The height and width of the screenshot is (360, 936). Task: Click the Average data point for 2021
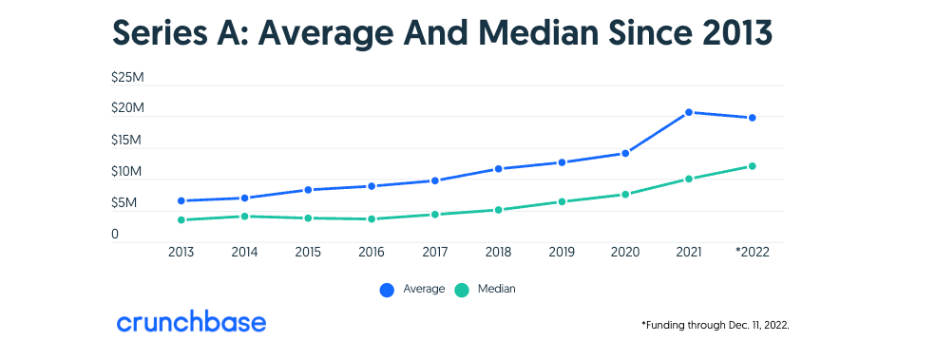click(x=690, y=112)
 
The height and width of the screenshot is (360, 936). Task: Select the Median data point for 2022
click(x=753, y=166)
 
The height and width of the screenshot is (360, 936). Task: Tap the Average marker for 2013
click(x=181, y=200)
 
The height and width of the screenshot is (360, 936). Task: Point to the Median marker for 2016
click(x=371, y=218)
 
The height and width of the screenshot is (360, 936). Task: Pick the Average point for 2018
click(x=498, y=169)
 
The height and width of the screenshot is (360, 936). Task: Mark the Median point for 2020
click(x=625, y=195)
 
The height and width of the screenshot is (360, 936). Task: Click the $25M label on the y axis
click(x=127, y=76)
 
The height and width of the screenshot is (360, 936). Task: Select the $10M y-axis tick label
click(x=127, y=172)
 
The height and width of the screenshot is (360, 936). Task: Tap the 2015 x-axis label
click(x=307, y=253)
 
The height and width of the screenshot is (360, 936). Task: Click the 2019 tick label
click(x=562, y=253)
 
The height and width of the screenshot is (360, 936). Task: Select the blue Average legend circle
click(x=387, y=290)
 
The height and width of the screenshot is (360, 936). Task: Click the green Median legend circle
click(x=462, y=290)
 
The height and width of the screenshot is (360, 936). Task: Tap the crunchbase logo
click(x=191, y=322)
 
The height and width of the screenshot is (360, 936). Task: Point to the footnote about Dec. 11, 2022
click(x=716, y=325)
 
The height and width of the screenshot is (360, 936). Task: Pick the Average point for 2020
click(x=625, y=153)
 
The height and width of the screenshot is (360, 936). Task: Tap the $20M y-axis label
click(x=127, y=108)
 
